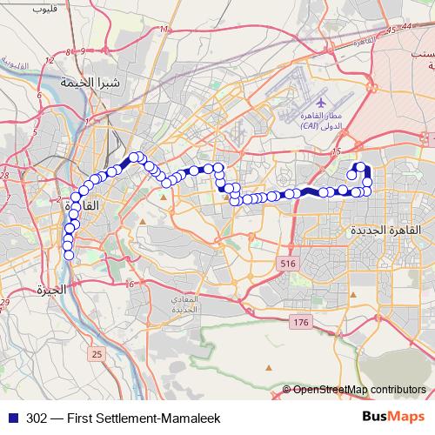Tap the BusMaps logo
point(395,417)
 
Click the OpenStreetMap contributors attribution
point(359,389)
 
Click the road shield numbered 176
point(300,323)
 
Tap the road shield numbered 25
point(96,353)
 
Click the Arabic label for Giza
point(50,291)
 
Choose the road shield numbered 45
point(392,31)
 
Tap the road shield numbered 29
point(3,302)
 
